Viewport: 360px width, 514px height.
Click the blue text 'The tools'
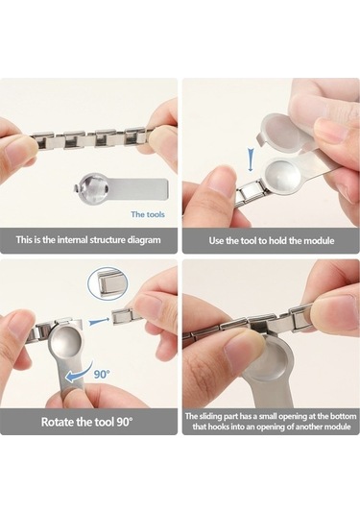coord(148,214)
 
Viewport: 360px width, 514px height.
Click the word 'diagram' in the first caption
coord(144,240)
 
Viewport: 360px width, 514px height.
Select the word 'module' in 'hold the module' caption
coord(319,240)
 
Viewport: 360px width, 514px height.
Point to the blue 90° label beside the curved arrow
coord(102,374)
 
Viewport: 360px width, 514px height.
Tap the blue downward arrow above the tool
coord(251,160)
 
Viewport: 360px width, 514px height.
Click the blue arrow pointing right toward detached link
coord(98,321)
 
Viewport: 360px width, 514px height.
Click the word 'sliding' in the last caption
coord(210,416)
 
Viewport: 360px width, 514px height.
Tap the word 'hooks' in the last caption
coord(216,427)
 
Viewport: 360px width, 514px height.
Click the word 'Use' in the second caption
coord(216,240)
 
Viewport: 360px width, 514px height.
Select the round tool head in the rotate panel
coord(65,340)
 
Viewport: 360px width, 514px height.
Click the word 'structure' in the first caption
coord(108,239)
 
